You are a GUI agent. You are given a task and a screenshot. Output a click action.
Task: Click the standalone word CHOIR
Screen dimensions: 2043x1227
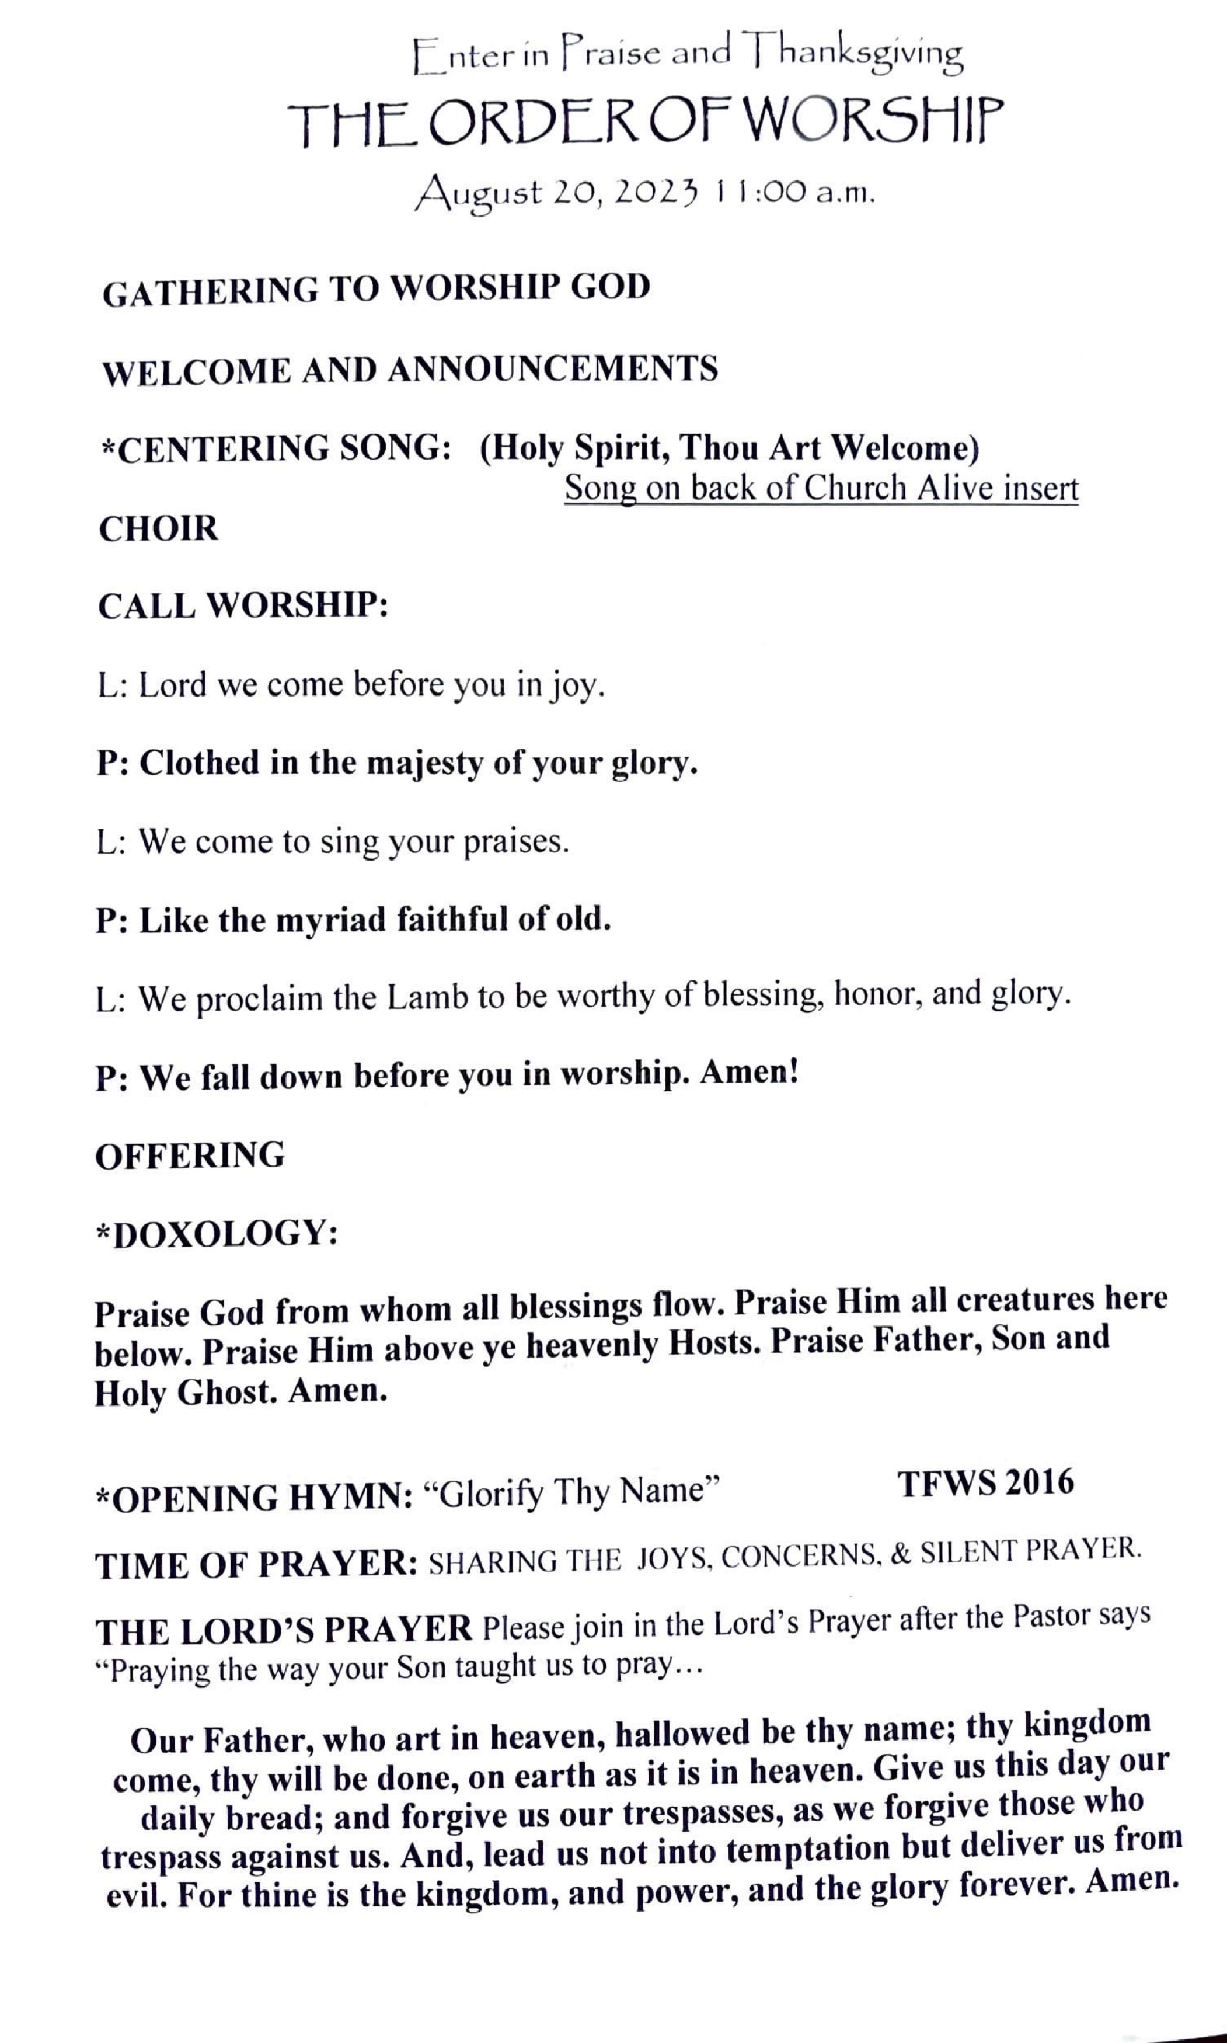click(x=159, y=529)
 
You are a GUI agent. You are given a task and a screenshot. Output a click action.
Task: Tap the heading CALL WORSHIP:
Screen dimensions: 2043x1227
click(x=243, y=606)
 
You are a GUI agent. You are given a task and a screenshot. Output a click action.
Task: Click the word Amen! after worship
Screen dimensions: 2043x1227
click(x=749, y=1073)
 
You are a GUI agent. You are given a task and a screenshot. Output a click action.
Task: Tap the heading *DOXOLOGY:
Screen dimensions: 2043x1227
click(x=217, y=1234)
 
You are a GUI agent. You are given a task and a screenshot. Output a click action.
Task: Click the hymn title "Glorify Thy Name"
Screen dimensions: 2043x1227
click(x=572, y=1492)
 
